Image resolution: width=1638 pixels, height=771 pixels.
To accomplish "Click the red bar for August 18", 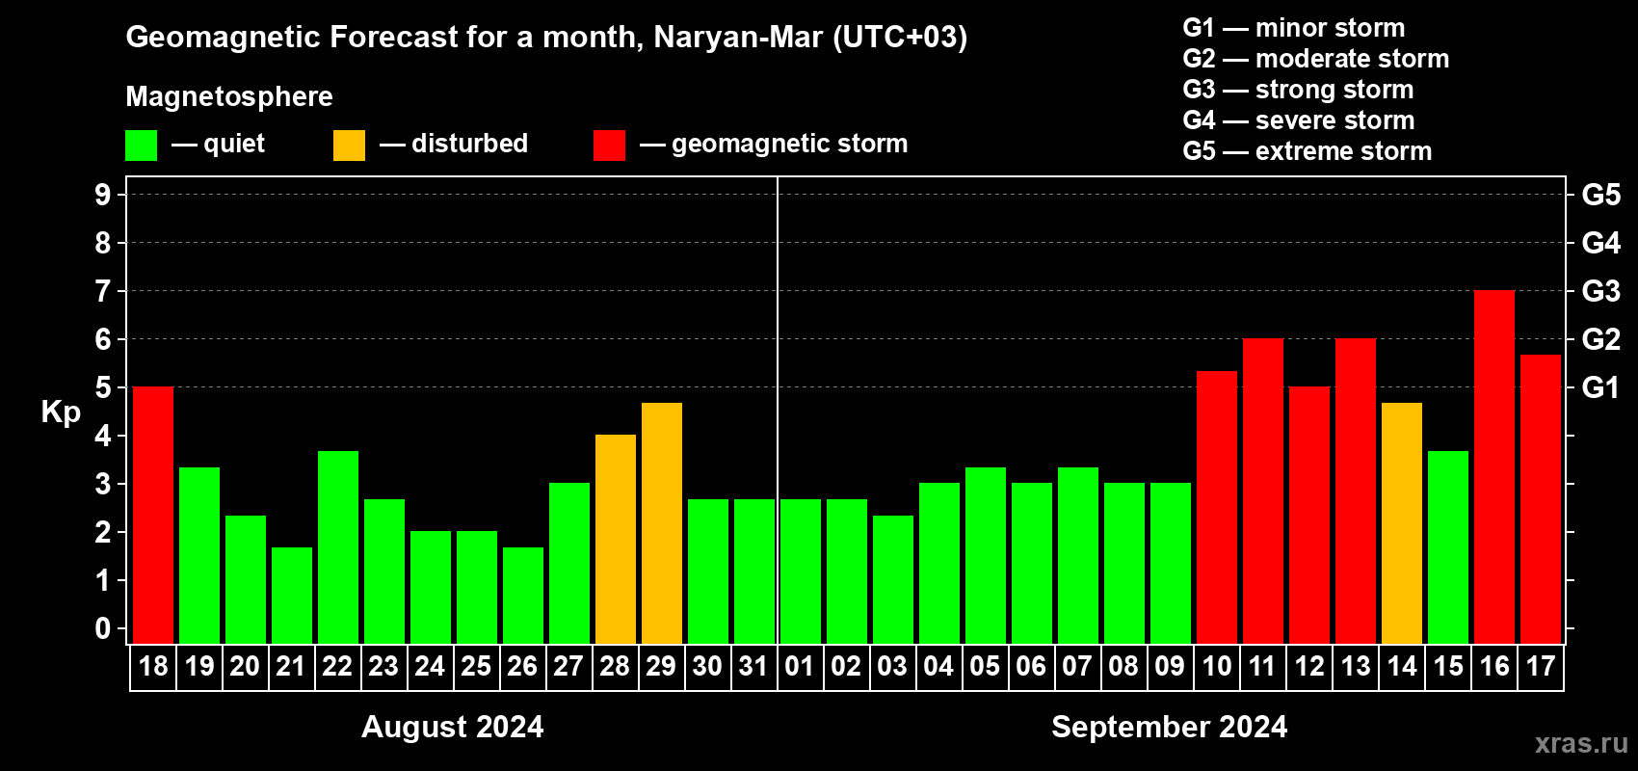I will coord(153,515).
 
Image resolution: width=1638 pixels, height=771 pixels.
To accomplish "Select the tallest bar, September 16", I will coord(1494,466).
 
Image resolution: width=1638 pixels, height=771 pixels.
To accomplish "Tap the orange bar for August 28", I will coord(616,539).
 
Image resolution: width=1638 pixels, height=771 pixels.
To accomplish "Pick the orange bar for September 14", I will coord(1402,523).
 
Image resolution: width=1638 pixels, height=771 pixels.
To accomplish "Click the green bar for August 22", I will coord(338,546).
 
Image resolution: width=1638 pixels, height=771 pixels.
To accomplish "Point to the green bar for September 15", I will coord(1448,546).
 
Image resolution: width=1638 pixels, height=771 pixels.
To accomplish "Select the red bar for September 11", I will coord(1263,491).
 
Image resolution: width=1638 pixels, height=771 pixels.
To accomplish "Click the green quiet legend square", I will coord(141,146).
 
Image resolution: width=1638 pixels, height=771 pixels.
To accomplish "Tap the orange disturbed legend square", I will coord(349,146).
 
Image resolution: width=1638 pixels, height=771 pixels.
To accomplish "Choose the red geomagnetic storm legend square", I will coord(609,146).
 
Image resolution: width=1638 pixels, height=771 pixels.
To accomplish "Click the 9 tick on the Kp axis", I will coord(103,195).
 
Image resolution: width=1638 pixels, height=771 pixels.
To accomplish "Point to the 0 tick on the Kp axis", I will coord(103,628).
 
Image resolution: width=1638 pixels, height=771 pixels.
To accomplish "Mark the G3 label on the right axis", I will coord(1600,291).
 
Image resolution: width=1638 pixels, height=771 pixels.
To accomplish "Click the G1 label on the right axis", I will coord(1600,387).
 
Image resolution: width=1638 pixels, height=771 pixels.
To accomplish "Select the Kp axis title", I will coord(61,412).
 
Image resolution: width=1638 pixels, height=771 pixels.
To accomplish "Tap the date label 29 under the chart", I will coord(661,667).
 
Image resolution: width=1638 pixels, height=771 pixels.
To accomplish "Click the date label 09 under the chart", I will coord(1170,667).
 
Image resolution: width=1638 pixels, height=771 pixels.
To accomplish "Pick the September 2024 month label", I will coord(1169,727).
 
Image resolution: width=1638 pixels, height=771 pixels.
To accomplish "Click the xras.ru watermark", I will coord(1580,743).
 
